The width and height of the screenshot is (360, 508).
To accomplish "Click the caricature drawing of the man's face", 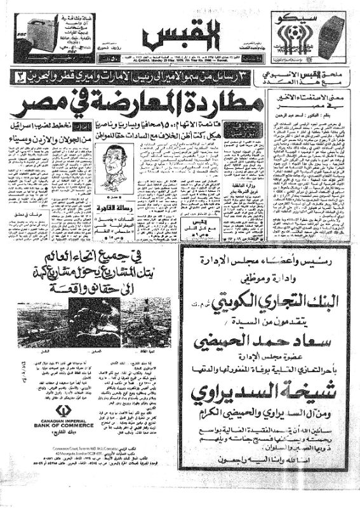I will click(x=117, y=158).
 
